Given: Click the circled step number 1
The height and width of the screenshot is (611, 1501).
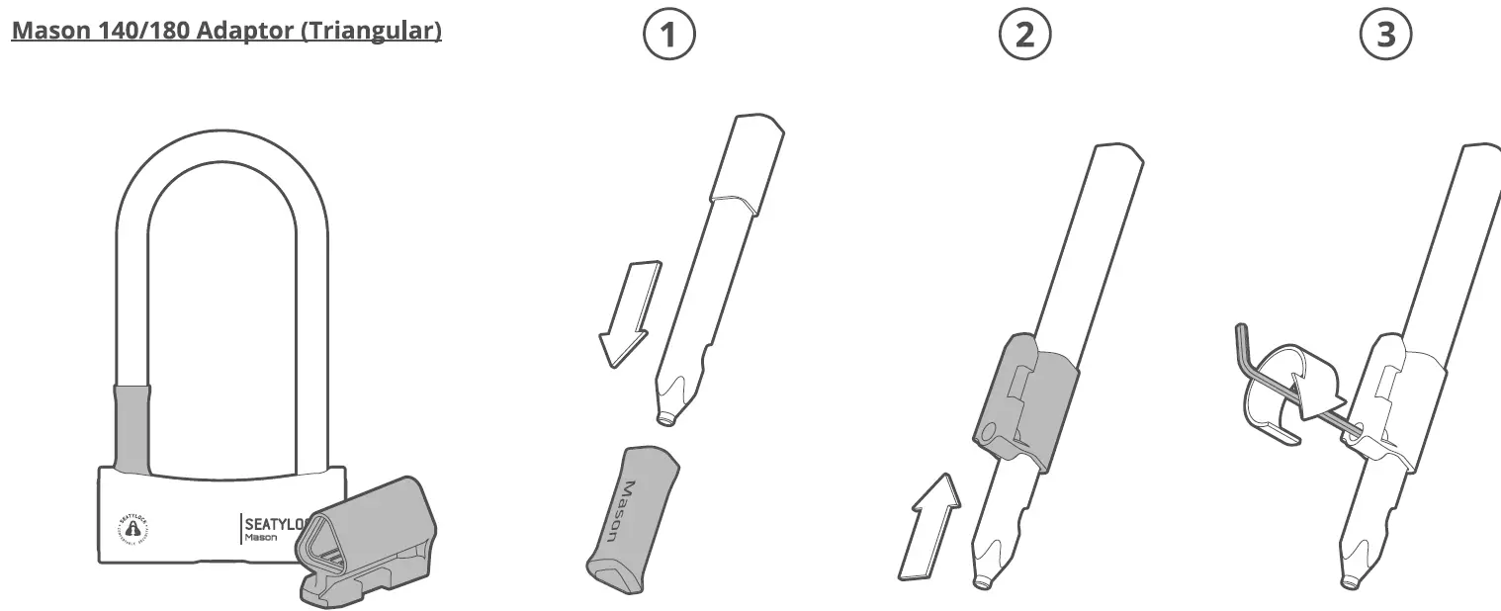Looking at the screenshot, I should click(x=669, y=36).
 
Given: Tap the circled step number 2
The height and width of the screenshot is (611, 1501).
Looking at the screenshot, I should click(x=1025, y=36).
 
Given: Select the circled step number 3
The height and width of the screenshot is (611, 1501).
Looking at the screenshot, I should click(x=1386, y=36).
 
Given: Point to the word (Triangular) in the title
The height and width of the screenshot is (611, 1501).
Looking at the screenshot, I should click(x=371, y=31).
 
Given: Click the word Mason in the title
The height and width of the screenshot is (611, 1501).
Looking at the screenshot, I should click(x=50, y=31).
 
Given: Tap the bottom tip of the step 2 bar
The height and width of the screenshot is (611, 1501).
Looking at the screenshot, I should click(x=982, y=583).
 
